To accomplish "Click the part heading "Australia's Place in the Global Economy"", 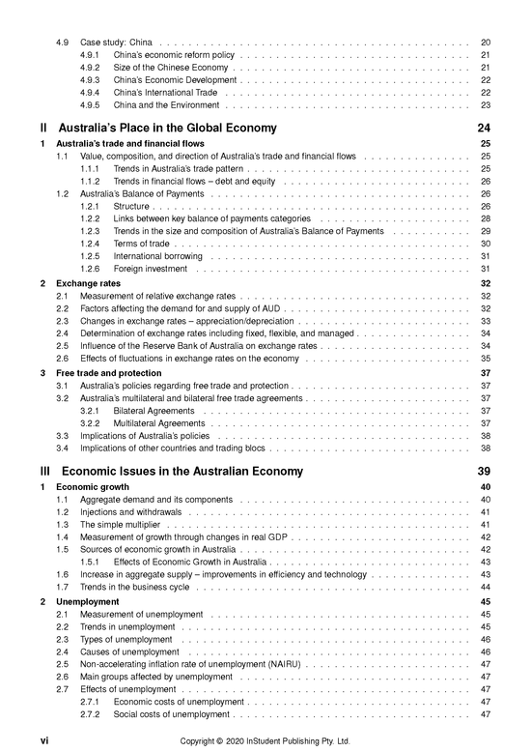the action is point(167,129).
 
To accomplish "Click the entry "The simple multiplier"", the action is point(124,524).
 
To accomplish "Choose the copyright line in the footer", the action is point(265,740).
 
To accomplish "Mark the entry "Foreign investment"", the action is point(151,269).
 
